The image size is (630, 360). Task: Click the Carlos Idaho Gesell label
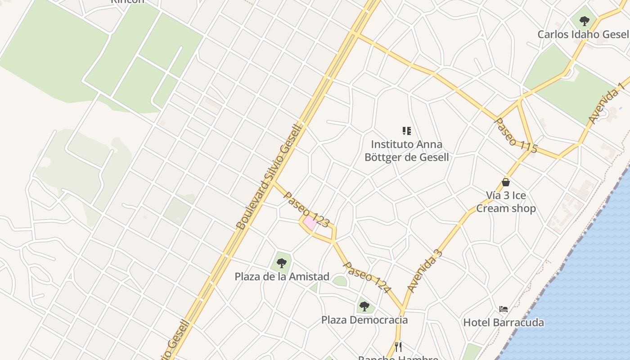tap(583, 34)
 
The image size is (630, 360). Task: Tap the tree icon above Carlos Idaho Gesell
tap(584, 21)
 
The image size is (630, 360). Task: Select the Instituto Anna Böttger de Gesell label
tap(406, 151)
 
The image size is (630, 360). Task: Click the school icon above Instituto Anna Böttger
tap(406, 131)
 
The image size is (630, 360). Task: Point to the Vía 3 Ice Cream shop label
tap(506, 202)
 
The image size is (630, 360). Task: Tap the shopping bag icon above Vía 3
tap(506, 182)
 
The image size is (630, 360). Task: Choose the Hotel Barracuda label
tap(503, 322)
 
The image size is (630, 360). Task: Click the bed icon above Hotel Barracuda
tap(504, 309)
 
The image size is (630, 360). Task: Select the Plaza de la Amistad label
tap(282, 276)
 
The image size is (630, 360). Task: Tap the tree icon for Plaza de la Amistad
tap(282, 263)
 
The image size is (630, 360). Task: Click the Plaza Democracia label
tap(364, 320)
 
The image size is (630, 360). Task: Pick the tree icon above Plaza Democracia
tap(364, 306)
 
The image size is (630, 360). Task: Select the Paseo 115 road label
tap(516, 135)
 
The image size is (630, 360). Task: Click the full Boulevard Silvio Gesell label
tap(268, 176)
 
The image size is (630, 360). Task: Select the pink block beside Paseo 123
tap(310, 223)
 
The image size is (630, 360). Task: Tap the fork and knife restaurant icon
tap(398, 346)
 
